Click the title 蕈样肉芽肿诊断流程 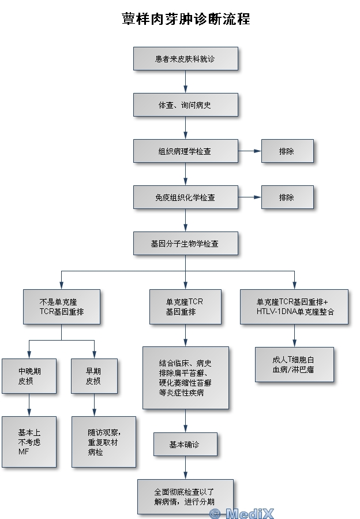(x=186, y=19)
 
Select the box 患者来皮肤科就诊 (x=185, y=59)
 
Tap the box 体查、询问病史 (x=185, y=105)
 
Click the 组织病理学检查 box (x=185, y=151)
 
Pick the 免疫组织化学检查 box (x=185, y=197)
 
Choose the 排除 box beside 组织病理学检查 (x=287, y=151)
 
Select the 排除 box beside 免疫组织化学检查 (x=287, y=197)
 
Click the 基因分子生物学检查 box (x=185, y=244)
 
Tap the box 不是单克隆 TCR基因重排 (x=62, y=307)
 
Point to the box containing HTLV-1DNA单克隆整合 (x=295, y=307)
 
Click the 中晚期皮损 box (x=29, y=376)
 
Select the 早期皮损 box (x=93, y=376)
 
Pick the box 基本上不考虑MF (x=29, y=442)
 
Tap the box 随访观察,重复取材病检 (x=104, y=442)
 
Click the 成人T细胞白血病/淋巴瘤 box (x=294, y=364)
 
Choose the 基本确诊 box (x=185, y=445)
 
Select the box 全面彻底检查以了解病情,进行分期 (x=185, y=496)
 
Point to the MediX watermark (x=242, y=513)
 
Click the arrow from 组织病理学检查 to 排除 (x=249, y=151)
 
